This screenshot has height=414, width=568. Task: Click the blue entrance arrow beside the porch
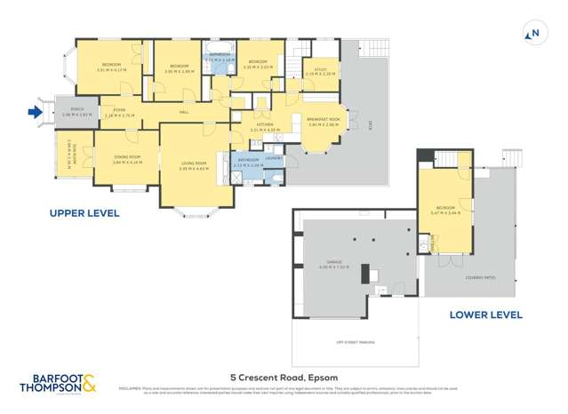[35, 112]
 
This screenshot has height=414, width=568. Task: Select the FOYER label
[119, 111]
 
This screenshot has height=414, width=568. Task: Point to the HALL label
[184, 112]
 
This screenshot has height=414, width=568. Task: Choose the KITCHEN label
[265, 125]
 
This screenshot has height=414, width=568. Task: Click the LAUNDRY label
[273, 158]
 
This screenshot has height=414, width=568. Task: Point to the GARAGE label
[328, 263]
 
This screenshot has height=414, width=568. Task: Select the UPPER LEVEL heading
[84, 213]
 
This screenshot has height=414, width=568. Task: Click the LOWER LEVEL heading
[485, 314]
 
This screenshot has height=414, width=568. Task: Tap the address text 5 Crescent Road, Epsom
[284, 375]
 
